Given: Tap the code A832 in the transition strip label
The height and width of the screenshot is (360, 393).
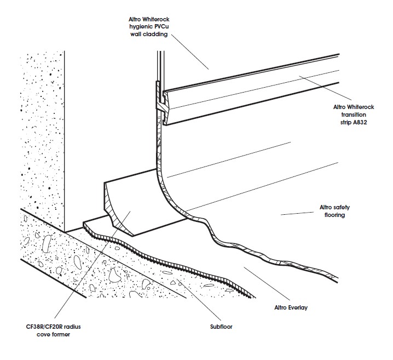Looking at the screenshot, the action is coord(360,122).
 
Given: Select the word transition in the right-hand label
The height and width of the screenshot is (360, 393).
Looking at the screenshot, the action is coord(354,115).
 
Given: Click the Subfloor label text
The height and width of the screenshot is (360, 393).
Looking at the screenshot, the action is coord(221,327).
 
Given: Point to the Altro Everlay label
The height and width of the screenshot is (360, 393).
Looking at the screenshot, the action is coord(291,307).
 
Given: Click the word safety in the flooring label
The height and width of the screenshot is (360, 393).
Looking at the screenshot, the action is coord(342,208).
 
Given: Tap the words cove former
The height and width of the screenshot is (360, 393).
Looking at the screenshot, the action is coord(53,334).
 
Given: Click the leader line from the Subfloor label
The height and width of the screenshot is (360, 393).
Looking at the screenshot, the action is coord(199,299).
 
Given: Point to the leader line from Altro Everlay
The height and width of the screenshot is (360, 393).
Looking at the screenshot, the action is coord(267,284).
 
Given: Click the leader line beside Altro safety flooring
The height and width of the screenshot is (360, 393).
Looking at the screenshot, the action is coord(297,214).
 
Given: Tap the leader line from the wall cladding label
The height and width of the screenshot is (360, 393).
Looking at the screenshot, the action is coord(190,52).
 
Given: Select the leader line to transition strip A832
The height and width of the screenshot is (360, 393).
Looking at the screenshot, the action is coord(325,88).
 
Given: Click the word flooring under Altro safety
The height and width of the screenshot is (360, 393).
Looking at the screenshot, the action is coord(334,215).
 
